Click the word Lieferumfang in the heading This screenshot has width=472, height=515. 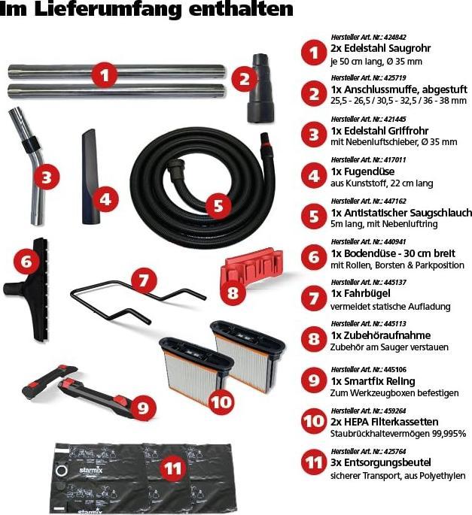(109, 10)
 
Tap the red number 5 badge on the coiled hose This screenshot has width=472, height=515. (219, 205)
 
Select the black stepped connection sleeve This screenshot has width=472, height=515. (260, 88)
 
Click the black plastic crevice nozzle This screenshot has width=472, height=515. (90, 177)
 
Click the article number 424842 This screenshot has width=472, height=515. (394, 37)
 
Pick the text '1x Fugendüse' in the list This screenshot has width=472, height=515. (363, 171)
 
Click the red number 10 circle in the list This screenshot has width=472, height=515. (313, 421)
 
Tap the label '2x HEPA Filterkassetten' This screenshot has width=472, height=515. (384, 422)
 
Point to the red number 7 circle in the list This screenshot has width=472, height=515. (313, 298)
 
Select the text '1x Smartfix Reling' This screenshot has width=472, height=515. (373, 381)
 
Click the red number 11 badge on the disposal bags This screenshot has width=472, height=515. (173, 468)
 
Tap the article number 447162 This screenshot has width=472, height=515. (394, 201)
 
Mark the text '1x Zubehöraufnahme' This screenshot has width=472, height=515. (381, 335)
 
